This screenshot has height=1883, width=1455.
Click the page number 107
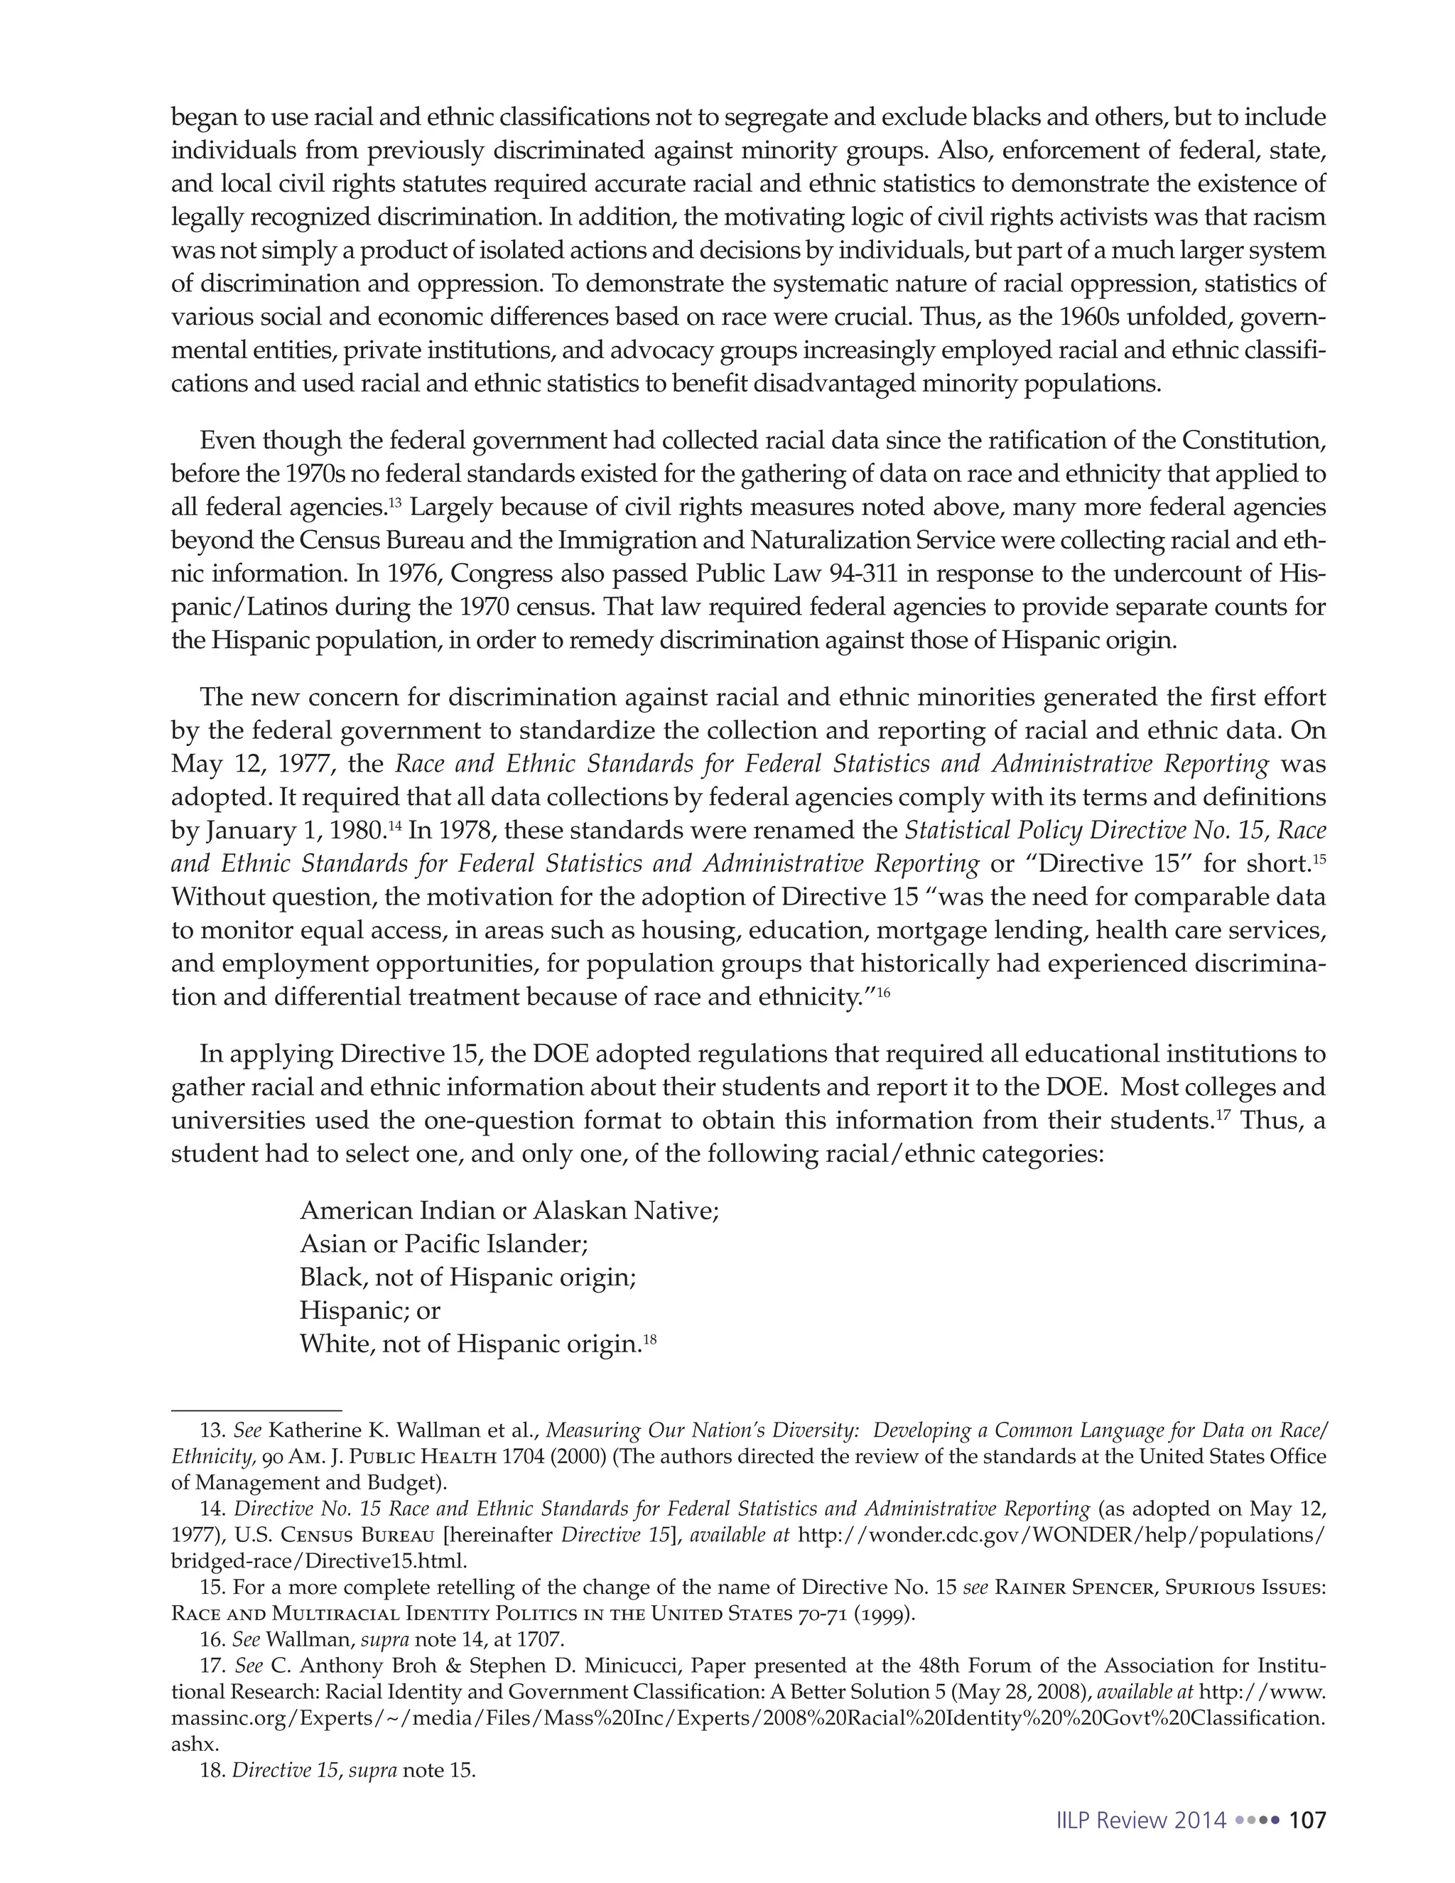click(x=1307, y=1820)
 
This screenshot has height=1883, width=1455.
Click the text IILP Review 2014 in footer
click(x=1140, y=1820)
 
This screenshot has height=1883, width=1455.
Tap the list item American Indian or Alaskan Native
click(x=509, y=1211)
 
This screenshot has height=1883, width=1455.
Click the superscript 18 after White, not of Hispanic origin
click(x=650, y=1340)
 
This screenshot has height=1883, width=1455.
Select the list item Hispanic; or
click(x=369, y=1310)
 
